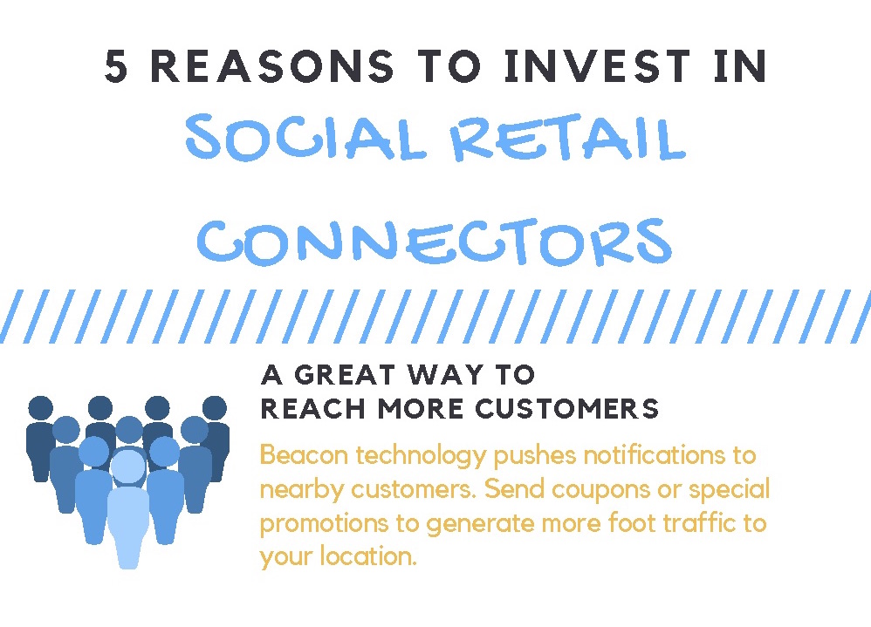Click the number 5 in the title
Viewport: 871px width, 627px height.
pyautogui.click(x=117, y=68)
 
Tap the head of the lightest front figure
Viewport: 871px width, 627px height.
pyautogui.click(x=128, y=467)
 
